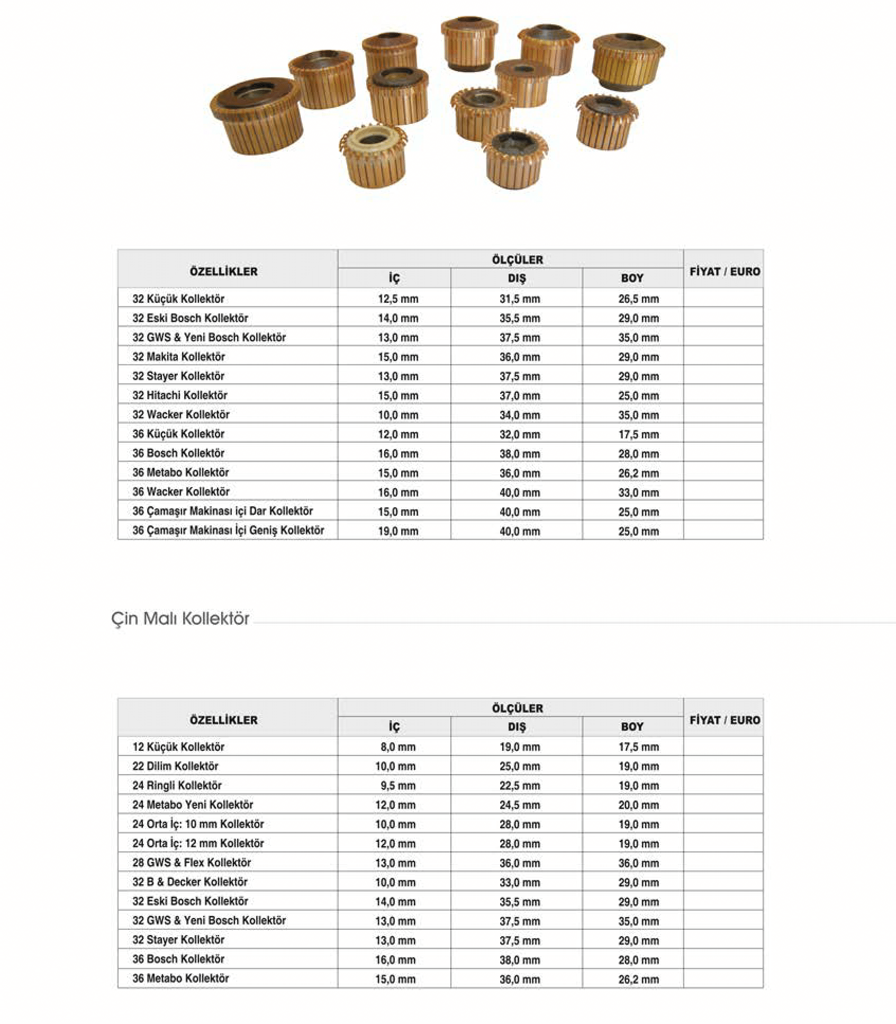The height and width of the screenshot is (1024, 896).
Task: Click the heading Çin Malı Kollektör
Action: (180, 618)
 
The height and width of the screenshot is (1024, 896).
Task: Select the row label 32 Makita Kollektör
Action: (178, 357)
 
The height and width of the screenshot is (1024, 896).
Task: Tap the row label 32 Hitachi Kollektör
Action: (179, 396)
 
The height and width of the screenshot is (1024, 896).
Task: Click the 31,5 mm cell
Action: (520, 299)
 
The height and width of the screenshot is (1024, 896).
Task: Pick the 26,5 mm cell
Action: (638, 299)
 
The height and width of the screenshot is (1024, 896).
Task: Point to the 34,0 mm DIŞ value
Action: (520, 415)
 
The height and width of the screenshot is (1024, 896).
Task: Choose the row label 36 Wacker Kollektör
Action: (180, 492)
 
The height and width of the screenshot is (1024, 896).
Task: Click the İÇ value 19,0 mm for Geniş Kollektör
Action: (398, 531)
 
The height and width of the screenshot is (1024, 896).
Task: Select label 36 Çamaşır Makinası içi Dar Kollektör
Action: (222, 511)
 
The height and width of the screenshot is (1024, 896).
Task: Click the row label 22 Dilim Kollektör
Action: (175, 766)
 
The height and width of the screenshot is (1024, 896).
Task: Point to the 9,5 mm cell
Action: (398, 786)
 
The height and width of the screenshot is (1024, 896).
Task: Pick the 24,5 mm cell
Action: (520, 805)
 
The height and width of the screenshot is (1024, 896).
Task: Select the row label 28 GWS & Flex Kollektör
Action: (192, 863)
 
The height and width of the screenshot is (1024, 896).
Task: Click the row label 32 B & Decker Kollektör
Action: (190, 882)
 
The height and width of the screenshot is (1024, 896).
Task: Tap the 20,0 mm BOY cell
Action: (638, 805)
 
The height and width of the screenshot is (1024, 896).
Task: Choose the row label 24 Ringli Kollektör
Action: (177, 786)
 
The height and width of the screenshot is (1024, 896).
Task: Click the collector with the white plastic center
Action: (373, 154)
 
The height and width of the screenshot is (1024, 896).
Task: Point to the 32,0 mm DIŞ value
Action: (520, 435)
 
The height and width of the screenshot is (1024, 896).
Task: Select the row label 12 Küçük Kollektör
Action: (178, 747)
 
